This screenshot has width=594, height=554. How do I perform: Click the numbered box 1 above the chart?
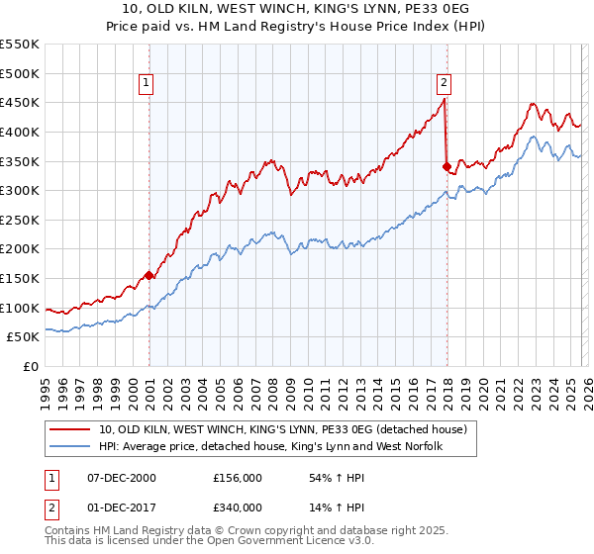pos(146,84)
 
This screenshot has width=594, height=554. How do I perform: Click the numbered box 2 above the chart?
pos(444,84)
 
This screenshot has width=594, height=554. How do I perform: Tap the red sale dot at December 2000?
pos(149,275)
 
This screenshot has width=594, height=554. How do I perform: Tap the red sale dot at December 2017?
pos(446,166)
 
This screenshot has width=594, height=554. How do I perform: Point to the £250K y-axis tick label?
pos(21,220)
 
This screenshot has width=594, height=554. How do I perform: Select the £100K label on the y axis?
pos(21,308)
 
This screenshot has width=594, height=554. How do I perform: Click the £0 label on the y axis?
pos(32,367)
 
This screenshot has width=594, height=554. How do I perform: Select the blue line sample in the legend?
pos(71,446)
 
